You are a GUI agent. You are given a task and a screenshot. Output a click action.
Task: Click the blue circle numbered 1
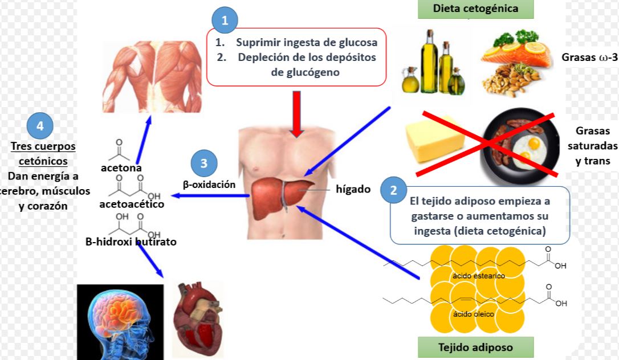(225, 20)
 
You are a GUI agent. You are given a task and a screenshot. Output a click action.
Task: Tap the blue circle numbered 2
(393, 191)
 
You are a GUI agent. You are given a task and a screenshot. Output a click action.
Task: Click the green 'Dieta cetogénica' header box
(475, 9)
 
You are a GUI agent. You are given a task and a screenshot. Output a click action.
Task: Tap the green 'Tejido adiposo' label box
(475, 347)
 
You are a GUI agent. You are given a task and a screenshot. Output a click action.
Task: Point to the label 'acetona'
(121, 168)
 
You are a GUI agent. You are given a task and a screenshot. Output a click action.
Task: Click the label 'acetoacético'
(132, 204)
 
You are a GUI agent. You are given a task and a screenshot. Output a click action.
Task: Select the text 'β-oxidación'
(209, 185)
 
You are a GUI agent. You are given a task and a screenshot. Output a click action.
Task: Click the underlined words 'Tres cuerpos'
(43, 146)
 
